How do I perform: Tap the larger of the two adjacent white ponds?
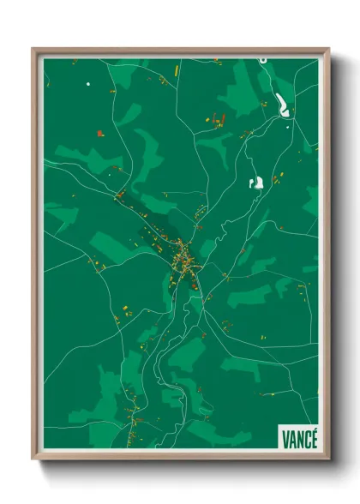coord(255,181)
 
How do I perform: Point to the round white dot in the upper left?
coord(87,84)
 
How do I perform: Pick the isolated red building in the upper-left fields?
coord(100,132)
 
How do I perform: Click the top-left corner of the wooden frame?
coord(33,49)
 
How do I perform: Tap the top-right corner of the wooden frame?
coord(328,49)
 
